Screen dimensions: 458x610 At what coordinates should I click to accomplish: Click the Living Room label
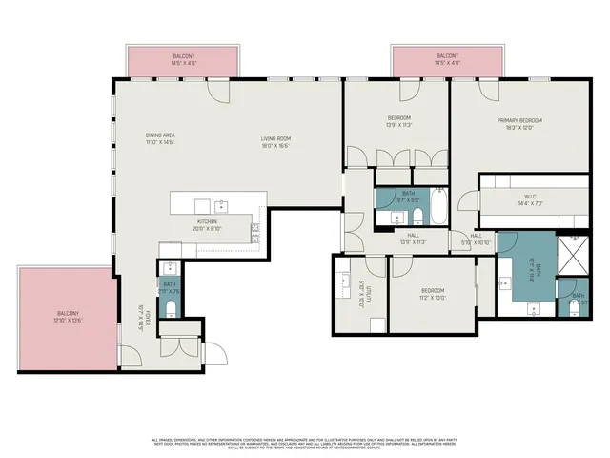(x=276, y=139)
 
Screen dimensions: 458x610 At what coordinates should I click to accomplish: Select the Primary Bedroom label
(x=518, y=120)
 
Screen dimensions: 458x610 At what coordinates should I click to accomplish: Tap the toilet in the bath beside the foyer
(x=170, y=307)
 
